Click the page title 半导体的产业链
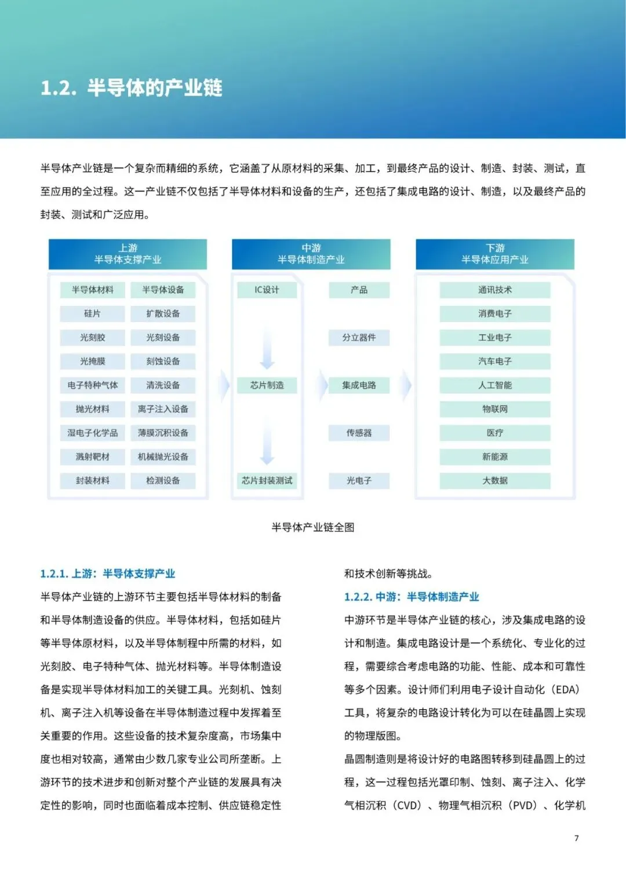(132, 88)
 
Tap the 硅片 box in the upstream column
(92, 313)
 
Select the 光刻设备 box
(163, 337)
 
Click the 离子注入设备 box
(163, 409)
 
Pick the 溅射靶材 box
(92, 456)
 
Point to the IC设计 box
(267, 290)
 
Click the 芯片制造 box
(267, 385)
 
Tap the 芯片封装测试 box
(267, 480)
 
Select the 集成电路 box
(359, 385)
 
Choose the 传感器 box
(359, 433)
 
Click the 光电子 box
(359, 480)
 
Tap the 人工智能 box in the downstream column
(494, 385)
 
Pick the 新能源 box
(494, 456)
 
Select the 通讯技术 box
(494, 290)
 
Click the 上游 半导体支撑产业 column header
(128, 254)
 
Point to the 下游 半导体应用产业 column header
(494, 254)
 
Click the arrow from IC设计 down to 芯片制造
(267, 346)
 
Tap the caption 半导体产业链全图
(313, 527)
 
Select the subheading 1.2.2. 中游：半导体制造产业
(412, 597)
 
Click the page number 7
(576, 838)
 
